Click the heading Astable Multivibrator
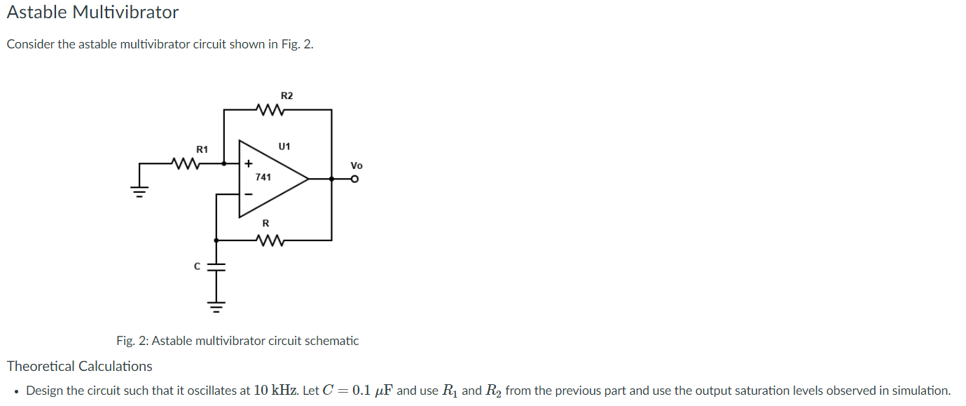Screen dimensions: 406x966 point(92,13)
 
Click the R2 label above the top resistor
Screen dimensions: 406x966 point(287,95)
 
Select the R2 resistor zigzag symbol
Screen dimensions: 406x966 point(270,110)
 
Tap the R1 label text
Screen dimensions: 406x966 point(202,149)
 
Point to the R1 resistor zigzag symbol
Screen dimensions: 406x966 point(186,164)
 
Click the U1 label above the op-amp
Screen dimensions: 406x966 point(284,147)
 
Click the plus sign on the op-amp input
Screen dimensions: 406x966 point(248,164)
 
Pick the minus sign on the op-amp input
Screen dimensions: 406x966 point(248,194)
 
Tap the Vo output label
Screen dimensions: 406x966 point(357,166)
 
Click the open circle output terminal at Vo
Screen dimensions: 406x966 point(355,180)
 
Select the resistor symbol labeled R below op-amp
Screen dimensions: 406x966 point(270,241)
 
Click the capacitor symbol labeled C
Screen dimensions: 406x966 point(216,266)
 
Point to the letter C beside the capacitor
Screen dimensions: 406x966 point(198,266)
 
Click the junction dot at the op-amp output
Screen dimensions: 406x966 point(331,180)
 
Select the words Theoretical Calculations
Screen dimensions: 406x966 point(79,366)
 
